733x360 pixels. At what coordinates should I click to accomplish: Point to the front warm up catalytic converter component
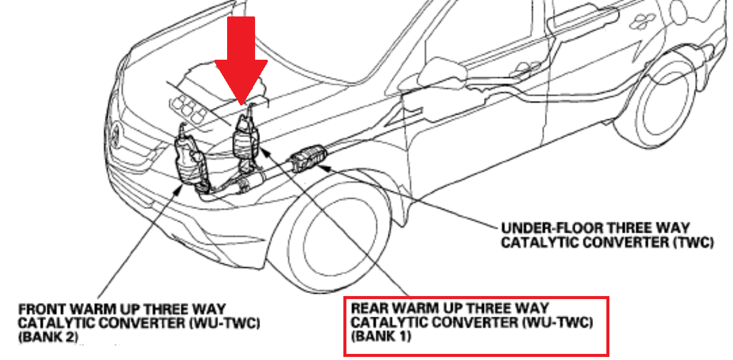pyautogui.click(x=188, y=158)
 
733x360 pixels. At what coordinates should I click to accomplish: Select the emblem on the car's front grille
pyautogui.click(x=116, y=134)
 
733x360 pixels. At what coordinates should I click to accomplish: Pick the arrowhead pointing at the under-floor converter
pyautogui.click(x=332, y=168)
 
